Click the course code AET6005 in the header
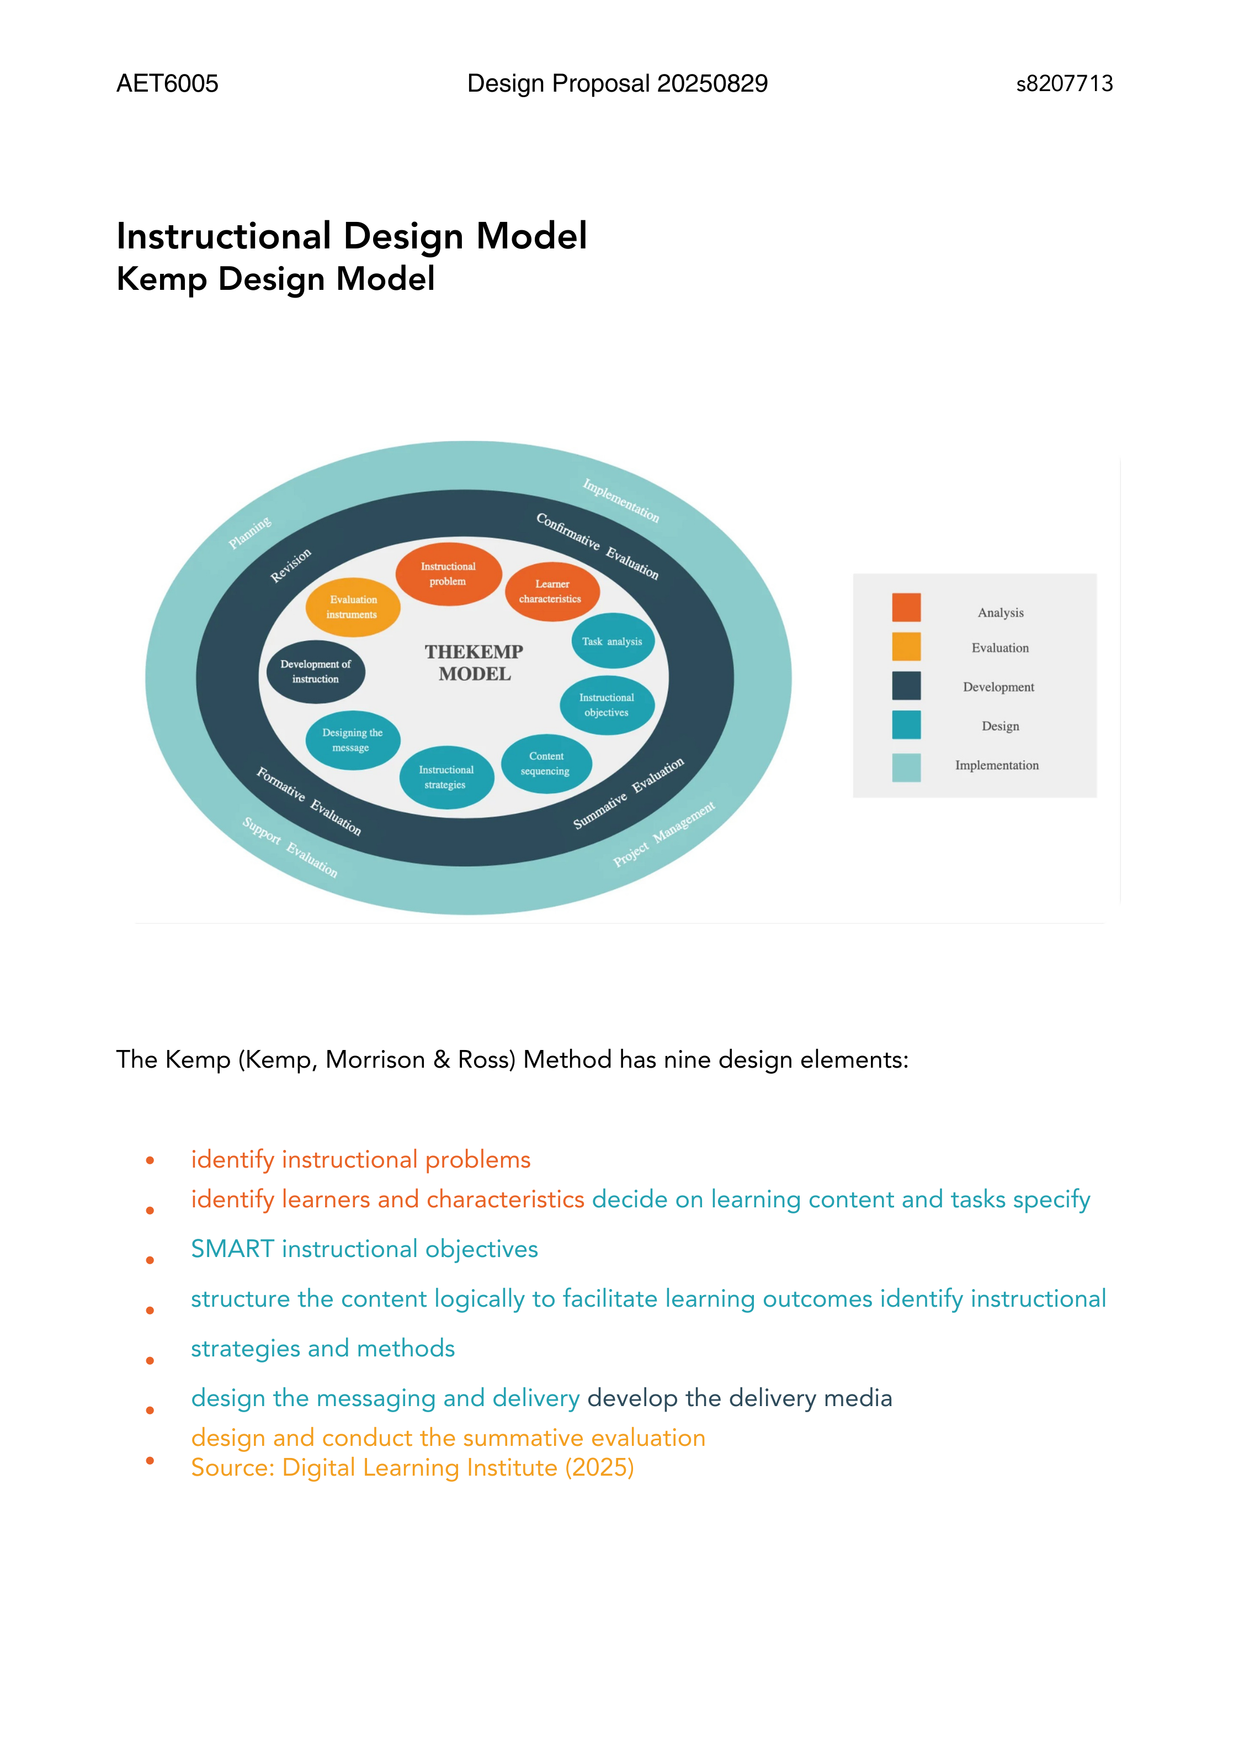(x=167, y=83)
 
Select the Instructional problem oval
(x=448, y=574)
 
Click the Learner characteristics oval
(x=551, y=592)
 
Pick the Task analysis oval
(x=612, y=641)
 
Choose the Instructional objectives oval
(x=607, y=705)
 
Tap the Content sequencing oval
(x=546, y=763)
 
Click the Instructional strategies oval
(x=446, y=777)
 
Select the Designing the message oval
(x=352, y=740)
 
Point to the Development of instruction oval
(x=316, y=671)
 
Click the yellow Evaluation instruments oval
(x=352, y=607)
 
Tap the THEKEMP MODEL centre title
(x=474, y=662)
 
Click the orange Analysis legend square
(x=906, y=608)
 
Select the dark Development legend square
(x=906, y=686)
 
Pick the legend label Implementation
(x=997, y=765)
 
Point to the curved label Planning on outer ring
(x=250, y=533)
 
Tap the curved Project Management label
(x=664, y=834)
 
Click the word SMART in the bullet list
(x=232, y=1249)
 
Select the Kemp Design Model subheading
(x=275, y=279)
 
